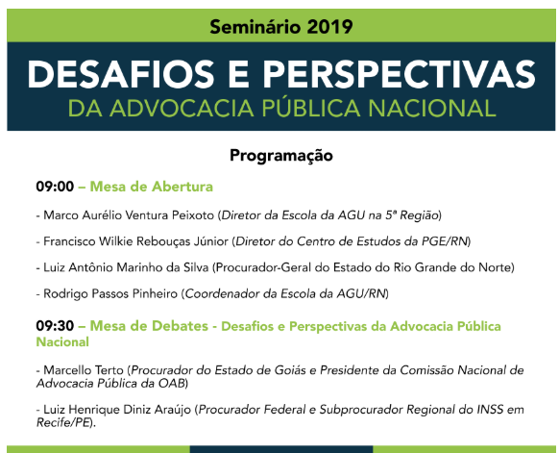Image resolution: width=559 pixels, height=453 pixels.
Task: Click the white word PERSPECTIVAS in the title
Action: pyautogui.click(x=399, y=74)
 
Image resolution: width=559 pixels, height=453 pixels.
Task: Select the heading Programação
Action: pyautogui.click(x=281, y=156)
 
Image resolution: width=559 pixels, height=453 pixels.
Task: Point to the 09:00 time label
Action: pyautogui.click(x=55, y=187)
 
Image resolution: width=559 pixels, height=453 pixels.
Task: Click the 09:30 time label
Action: pyautogui.click(x=55, y=326)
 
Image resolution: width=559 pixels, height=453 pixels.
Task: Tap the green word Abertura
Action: pyautogui.click(x=182, y=187)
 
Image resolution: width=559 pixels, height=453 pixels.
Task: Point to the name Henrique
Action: pyautogui.click(x=94, y=410)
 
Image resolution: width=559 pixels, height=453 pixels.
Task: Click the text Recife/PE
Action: pyautogui.click(x=63, y=422)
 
